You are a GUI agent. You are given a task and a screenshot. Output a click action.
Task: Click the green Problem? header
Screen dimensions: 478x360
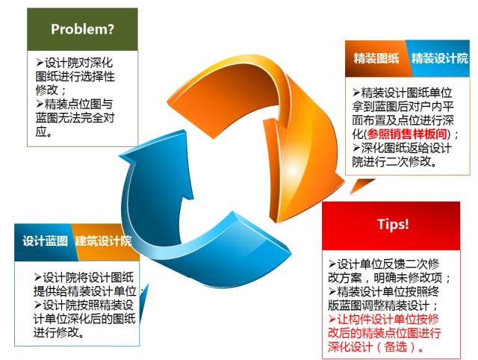click(x=82, y=29)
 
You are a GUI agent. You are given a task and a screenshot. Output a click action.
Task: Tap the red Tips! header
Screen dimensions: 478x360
click(x=391, y=226)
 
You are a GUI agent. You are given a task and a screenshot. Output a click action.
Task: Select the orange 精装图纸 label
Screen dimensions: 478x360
click(x=376, y=58)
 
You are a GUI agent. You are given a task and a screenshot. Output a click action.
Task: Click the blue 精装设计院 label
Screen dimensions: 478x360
click(x=439, y=58)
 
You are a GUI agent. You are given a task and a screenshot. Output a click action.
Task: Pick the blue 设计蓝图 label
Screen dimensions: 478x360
click(x=45, y=241)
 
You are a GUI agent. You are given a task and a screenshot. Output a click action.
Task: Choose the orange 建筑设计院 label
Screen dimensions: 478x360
click(x=103, y=241)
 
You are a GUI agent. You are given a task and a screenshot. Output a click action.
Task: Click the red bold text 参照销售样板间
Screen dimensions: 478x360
click(x=407, y=134)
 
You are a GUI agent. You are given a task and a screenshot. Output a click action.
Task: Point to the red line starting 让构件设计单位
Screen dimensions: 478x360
click(x=384, y=319)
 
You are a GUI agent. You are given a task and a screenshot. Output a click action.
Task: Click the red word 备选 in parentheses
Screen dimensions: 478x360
click(x=396, y=347)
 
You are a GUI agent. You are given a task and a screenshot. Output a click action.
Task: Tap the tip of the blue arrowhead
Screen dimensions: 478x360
click(x=184, y=130)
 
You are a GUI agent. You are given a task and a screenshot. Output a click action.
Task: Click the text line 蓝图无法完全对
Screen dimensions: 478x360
click(x=75, y=118)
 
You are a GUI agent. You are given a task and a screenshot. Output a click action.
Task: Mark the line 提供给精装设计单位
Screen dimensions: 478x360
click(x=84, y=291)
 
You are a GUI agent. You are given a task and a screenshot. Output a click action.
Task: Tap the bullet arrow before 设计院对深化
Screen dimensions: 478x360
click(x=40, y=63)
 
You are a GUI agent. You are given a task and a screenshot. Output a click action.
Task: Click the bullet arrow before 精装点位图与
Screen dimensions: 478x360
click(x=40, y=104)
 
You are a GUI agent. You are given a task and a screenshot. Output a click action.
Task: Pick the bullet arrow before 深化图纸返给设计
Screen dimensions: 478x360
click(x=357, y=148)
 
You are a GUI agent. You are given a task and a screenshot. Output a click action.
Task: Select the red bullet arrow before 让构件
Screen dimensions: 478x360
click(x=332, y=319)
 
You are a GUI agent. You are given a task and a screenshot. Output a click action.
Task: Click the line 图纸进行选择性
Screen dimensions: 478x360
click(x=75, y=76)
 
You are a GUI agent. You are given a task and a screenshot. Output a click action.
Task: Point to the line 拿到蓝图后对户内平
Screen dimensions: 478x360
click(x=403, y=106)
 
